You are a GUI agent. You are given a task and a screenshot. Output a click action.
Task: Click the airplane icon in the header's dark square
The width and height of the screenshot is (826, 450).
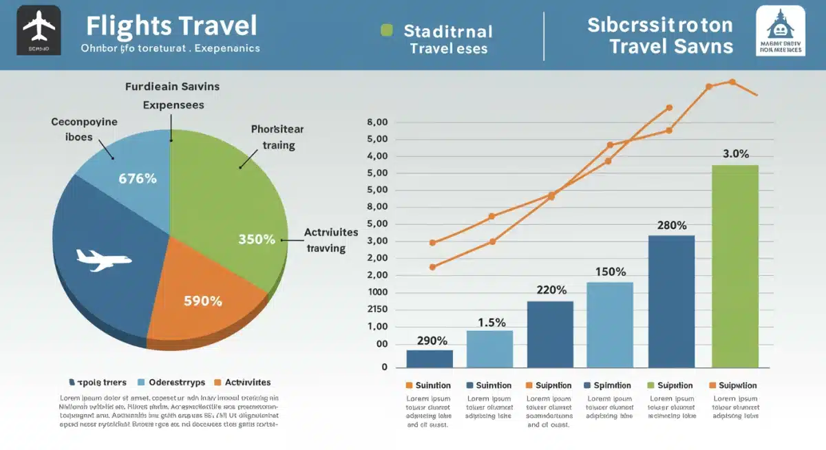pos(39,27)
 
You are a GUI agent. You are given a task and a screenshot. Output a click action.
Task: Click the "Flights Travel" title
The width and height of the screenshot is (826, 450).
pos(171,26)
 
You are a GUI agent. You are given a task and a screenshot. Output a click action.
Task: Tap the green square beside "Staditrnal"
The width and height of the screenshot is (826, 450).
pos(387,31)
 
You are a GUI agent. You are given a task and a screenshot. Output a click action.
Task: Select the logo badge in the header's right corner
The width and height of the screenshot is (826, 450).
pos(780,32)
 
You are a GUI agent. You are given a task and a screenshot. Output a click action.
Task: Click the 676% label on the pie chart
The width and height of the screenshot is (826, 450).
pos(138,178)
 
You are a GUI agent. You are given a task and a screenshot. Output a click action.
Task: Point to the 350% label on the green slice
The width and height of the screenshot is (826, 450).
pos(257,239)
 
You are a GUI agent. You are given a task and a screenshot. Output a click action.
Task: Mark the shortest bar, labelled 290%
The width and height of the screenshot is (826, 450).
pos(430,358)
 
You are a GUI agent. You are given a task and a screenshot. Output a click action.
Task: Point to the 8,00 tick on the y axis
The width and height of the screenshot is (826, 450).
pos(378,122)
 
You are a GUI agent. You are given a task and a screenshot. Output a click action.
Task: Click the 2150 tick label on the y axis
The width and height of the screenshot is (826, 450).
pos(378,309)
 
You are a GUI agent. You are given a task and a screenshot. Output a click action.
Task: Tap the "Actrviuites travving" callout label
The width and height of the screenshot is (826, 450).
pos(330,240)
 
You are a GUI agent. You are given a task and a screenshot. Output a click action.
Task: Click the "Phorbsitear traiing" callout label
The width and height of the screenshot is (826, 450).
pos(277,137)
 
